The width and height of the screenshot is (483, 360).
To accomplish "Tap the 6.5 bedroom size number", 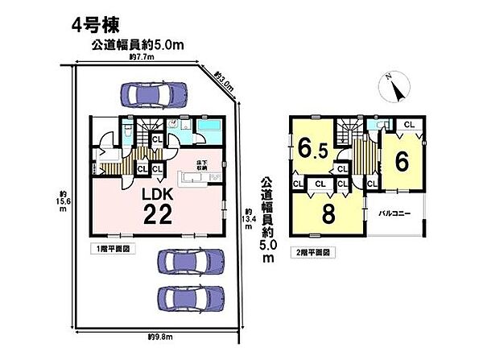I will (x=312, y=150).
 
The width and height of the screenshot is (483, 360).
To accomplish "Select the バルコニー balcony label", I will (x=394, y=214).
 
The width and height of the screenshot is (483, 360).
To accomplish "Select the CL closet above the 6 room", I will (x=408, y=124).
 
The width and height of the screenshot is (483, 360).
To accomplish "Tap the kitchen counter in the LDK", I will (x=181, y=176).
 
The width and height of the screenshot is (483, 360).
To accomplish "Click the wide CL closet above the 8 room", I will (x=319, y=184).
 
